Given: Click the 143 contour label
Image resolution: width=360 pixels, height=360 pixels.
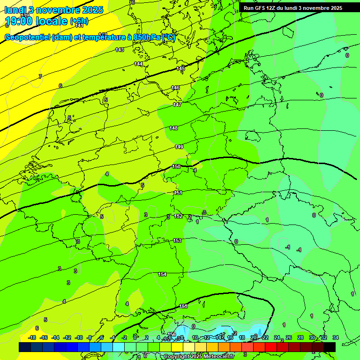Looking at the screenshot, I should coord(120,50).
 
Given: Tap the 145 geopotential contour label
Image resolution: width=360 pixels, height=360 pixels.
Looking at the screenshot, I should coord(180,69).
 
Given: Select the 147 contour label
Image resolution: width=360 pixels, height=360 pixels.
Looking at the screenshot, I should coord(177,105).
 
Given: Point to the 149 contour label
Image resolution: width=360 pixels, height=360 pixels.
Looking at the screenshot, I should coord(179,147).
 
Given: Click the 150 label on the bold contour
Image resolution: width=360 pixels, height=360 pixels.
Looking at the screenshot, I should coord(176,166).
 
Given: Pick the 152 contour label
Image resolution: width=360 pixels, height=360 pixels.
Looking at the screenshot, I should coord(178,216).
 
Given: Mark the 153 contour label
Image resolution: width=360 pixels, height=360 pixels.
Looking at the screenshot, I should coord(177,240).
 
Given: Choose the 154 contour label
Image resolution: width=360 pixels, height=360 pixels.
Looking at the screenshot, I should coord(162,274).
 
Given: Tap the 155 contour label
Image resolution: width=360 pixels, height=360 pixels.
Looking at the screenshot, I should coord(183,306).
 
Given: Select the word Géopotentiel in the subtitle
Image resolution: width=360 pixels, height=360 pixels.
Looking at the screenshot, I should coord(27,37).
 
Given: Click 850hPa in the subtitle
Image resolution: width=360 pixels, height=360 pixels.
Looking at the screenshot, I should coord(147,37).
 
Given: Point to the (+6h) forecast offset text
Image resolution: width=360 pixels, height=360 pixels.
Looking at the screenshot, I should coord(78,21).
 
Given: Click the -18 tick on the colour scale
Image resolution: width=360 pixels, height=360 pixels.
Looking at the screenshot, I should coord(32,337).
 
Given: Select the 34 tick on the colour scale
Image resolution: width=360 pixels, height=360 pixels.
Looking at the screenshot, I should coord(335,337).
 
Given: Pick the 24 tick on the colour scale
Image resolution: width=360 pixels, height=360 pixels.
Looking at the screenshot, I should coord(277,337).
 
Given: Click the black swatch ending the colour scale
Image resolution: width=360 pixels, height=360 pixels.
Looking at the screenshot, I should coord(330,347).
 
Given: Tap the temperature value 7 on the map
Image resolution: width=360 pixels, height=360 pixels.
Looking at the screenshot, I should coord(40,76).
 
